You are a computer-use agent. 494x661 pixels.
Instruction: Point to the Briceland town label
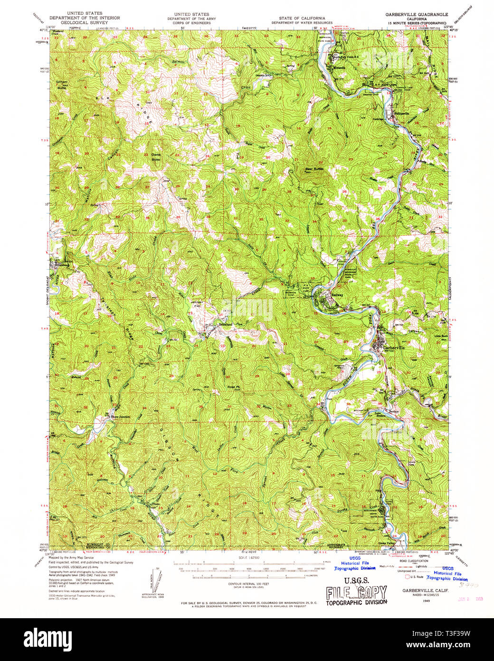[225, 324]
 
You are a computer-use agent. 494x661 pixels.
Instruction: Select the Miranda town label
[339, 68]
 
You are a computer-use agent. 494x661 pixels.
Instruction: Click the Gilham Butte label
[62, 85]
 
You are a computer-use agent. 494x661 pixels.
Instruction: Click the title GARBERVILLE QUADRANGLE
[417, 15]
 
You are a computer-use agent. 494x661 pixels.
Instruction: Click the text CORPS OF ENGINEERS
[191, 22]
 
